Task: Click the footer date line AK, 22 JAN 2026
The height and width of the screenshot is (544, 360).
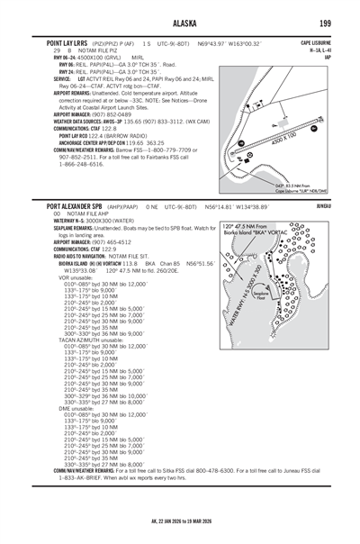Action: point(179,521)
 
